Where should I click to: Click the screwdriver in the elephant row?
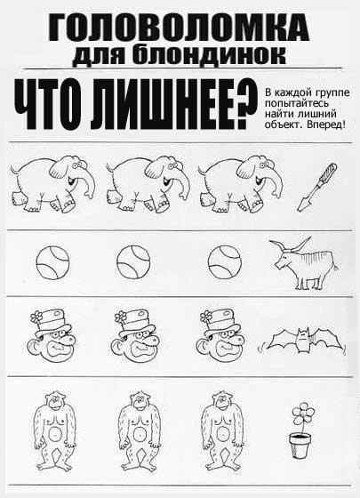pyautogui.click(x=316, y=188)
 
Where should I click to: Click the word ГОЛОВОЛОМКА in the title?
pyautogui.click(x=179, y=28)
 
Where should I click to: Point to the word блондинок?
pyautogui.click(x=209, y=55)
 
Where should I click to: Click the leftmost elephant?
pyautogui.click(x=52, y=183)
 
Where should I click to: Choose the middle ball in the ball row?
pyautogui.click(x=133, y=262)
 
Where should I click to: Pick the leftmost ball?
pyautogui.click(x=52, y=263)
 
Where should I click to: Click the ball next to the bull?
pyautogui.click(x=224, y=262)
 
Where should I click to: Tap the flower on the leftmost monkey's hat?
pyautogui.click(x=37, y=317)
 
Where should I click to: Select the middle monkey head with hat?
pyautogui.click(x=135, y=336)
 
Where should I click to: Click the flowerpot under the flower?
pyautogui.click(x=300, y=446)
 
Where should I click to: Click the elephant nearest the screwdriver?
pyautogui.click(x=241, y=183)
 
